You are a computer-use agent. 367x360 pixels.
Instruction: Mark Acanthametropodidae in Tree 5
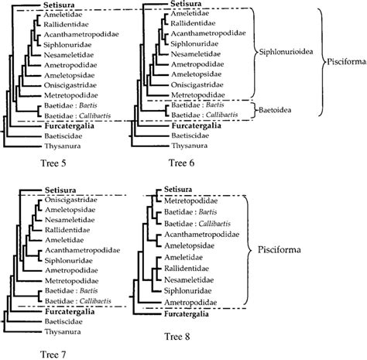70,36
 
